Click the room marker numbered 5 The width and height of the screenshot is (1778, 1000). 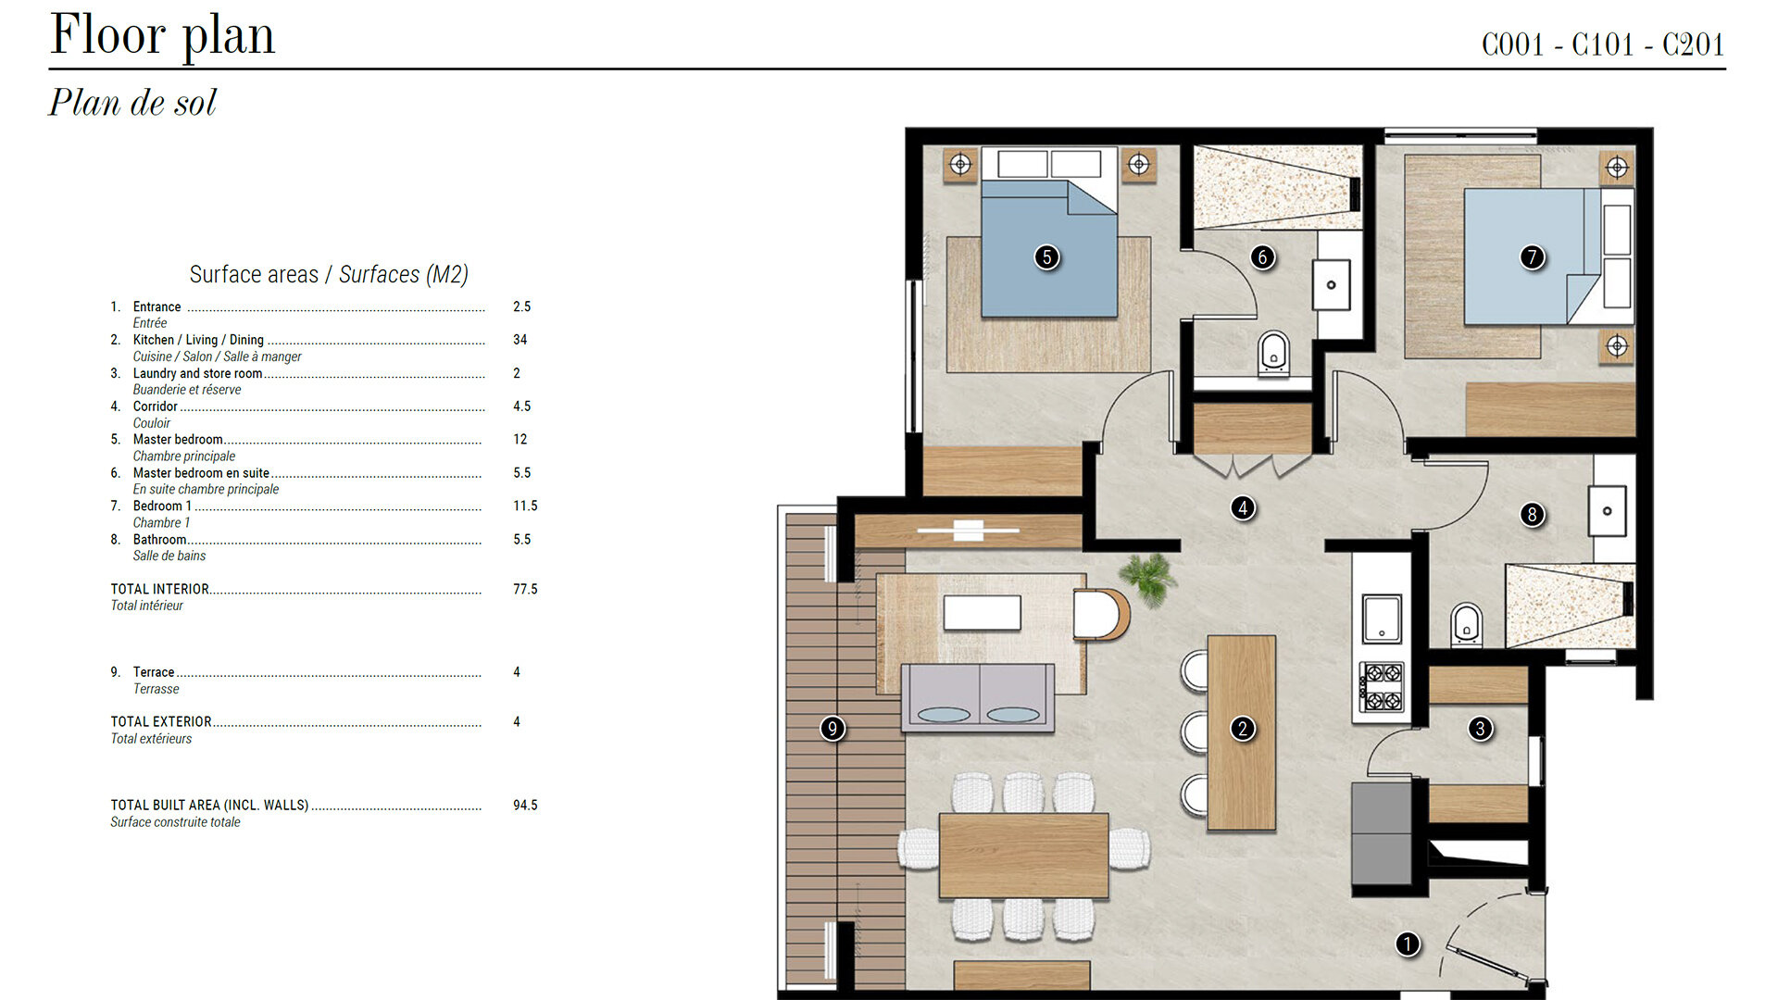click(1046, 256)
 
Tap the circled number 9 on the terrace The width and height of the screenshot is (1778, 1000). click(833, 729)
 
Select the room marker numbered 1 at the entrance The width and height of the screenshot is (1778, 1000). click(1408, 944)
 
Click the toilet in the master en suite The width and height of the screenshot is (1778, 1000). click(1274, 354)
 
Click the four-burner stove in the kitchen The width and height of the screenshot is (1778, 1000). click(1382, 686)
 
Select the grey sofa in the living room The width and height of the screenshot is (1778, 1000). click(978, 697)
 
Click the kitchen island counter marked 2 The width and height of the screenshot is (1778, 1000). click(1242, 732)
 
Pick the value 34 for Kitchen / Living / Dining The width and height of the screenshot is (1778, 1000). click(520, 340)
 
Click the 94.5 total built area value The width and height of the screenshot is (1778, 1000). click(525, 806)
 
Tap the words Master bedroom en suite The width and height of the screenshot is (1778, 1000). click(201, 473)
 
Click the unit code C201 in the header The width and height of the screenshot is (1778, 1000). click(1694, 44)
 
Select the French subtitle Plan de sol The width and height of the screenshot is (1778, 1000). click(132, 102)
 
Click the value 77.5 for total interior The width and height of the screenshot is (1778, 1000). click(525, 589)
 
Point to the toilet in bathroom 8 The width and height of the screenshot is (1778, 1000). click(1466, 624)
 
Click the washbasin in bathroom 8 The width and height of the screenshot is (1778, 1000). click(1608, 511)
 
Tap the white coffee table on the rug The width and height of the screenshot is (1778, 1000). click(983, 612)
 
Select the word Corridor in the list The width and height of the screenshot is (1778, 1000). click(155, 406)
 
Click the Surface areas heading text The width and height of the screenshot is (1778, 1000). click(329, 274)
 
